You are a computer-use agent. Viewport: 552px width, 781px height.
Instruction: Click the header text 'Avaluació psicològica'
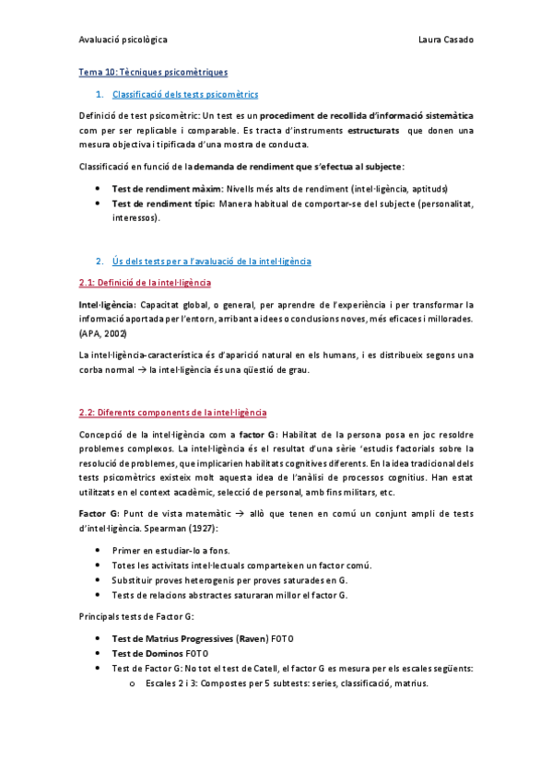[123, 41]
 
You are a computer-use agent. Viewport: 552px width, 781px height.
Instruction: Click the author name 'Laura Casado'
[445, 41]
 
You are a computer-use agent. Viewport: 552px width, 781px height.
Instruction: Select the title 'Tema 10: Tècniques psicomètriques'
[153, 72]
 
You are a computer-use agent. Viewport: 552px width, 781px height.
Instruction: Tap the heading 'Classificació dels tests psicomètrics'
[184, 95]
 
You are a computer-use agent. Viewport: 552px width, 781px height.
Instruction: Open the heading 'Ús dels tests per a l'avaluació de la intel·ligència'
[211, 262]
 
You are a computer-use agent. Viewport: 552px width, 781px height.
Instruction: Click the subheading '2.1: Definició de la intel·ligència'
[146, 282]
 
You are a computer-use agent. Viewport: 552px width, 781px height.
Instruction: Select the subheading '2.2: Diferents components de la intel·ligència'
[173, 413]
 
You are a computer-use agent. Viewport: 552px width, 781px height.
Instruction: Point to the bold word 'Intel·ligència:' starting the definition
[108, 304]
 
